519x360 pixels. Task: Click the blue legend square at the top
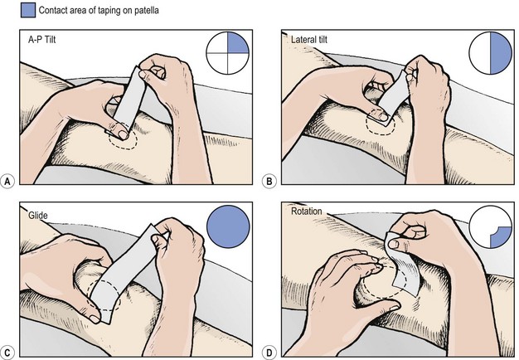tap(28, 10)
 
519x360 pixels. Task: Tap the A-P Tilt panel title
tap(42, 40)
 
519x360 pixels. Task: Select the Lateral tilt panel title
tap(309, 40)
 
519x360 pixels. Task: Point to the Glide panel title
tap(38, 216)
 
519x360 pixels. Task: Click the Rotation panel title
tap(307, 211)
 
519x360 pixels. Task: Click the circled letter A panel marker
tap(7, 182)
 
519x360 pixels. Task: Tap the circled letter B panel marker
tap(269, 182)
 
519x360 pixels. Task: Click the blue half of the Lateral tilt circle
tap(500, 53)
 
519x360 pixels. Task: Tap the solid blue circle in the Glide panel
tap(228, 226)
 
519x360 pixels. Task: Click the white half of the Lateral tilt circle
tap(480, 53)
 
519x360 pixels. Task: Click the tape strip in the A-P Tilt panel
tap(129, 99)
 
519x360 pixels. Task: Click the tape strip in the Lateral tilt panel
tap(395, 99)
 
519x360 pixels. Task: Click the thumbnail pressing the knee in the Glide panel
tap(95, 319)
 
